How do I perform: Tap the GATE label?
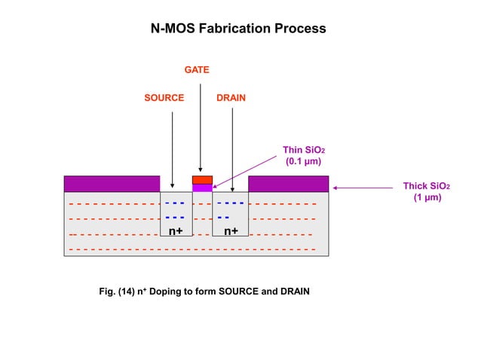click(197, 70)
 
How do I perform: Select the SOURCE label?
click(164, 98)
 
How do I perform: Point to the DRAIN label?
click(231, 98)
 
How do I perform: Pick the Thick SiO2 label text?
click(427, 191)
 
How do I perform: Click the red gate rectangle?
click(202, 180)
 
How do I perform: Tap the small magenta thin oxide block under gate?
click(202, 188)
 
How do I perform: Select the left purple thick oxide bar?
click(112, 184)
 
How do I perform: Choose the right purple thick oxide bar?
click(288, 184)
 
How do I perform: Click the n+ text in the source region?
click(175, 231)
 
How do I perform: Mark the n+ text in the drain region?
click(231, 231)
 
